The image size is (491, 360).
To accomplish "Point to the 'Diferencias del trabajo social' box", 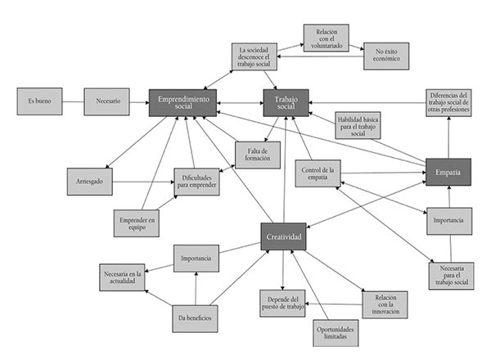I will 448,102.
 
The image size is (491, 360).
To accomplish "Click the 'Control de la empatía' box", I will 318,173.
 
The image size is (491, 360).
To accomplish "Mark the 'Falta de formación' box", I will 258,155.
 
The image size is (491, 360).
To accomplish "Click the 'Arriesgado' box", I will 90,180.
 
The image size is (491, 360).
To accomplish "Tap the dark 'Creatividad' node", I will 284,236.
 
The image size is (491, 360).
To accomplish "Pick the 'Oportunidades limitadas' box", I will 325,331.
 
